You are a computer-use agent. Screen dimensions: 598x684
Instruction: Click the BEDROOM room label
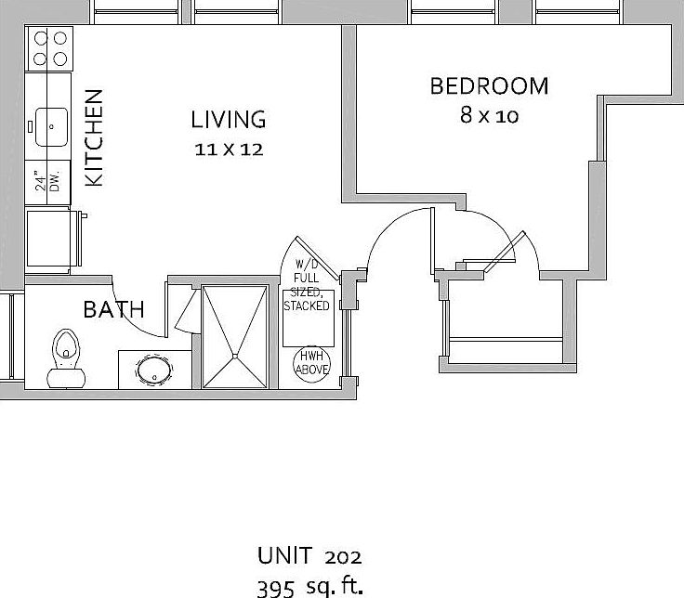489,86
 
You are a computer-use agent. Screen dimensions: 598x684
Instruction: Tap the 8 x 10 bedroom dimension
489,116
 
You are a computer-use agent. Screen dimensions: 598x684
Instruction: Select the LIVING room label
229,120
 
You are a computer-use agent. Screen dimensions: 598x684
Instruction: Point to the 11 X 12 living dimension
229,149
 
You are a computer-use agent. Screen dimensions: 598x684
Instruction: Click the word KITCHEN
94,138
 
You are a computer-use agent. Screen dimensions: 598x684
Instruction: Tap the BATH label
113,309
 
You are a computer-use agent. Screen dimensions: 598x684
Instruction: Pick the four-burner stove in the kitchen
50,47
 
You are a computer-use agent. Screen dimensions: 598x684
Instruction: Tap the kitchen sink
50,123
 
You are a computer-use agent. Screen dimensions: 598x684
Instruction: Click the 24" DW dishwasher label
47,179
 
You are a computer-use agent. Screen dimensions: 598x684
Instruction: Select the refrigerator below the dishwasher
51,240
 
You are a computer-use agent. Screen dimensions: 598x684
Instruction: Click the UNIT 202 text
309,556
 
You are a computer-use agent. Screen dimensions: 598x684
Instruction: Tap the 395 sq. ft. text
309,585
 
